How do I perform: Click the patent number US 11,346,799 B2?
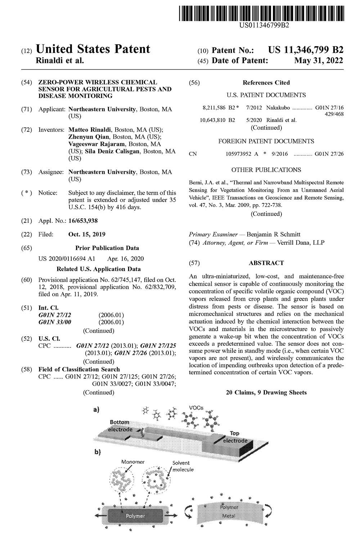pyautogui.click(x=306, y=50)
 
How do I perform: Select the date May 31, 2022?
pyautogui.click(x=319, y=60)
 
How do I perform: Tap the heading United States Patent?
pyautogui.click(x=93, y=49)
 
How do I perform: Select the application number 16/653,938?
pyautogui.click(x=83, y=221)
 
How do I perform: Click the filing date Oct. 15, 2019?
pyautogui.click(x=87, y=234)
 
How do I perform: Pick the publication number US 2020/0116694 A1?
pyautogui.click(x=67, y=258)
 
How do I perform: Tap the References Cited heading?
pyautogui.click(x=266, y=82)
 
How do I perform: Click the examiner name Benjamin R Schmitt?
pyautogui.click(x=273, y=234)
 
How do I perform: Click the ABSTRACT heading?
pyautogui.click(x=266, y=263)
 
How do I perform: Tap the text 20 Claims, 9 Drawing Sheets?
pyautogui.click(x=266, y=392)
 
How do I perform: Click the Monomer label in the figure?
pyautogui.click(x=133, y=462)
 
